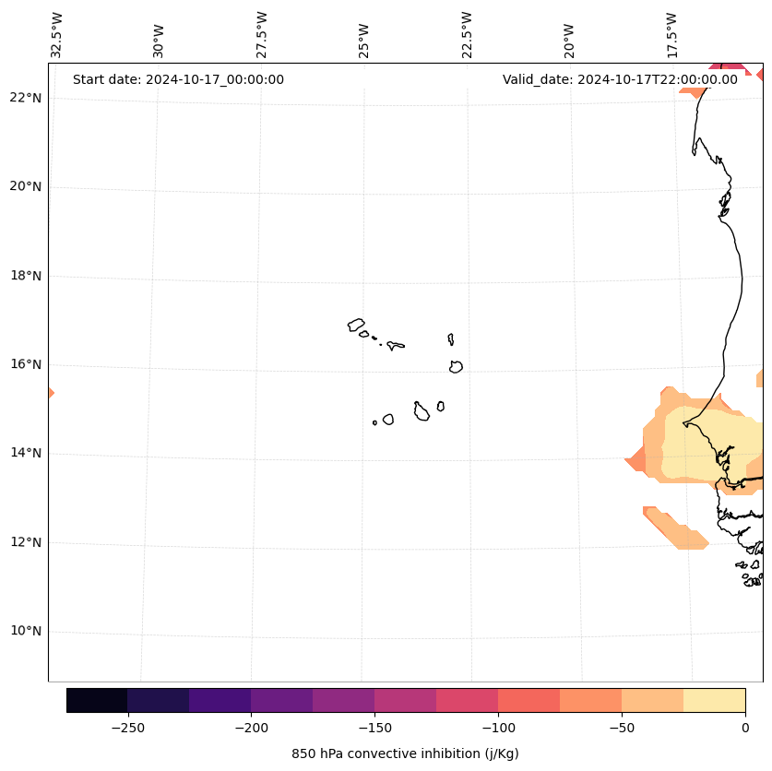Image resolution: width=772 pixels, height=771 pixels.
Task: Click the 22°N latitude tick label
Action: tap(26, 98)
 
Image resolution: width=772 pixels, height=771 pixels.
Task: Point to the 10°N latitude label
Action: tap(26, 632)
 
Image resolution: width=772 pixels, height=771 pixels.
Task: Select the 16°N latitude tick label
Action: tap(26, 364)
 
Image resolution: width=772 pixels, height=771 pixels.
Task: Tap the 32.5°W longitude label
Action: tap(57, 35)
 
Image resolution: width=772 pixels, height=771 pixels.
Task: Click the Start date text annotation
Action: tap(178, 79)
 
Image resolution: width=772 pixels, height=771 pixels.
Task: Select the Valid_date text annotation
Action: tap(620, 79)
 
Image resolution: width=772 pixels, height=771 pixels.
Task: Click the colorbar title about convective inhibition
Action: tap(405, 753)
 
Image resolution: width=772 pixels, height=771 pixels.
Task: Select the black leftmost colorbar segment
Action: tap(97, 700)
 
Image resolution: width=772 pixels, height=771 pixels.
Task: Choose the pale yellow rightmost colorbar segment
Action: tap(714, 700)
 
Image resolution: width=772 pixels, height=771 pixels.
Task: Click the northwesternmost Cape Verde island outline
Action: tap(356, 325)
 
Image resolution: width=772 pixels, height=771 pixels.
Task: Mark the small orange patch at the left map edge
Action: tap(51, 393)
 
